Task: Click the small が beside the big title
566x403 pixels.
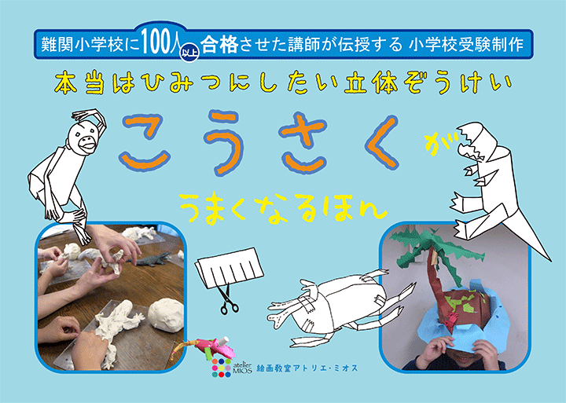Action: tap(431, 142)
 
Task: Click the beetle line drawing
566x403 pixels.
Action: tap(334, 302)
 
